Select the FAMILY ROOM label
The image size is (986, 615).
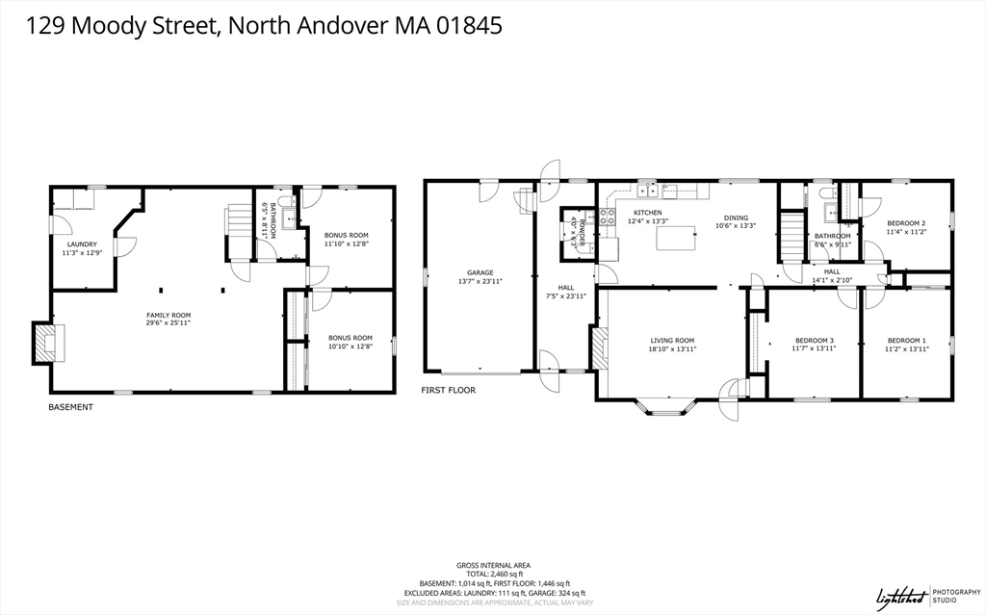pyautogui.click(x=169, y=315)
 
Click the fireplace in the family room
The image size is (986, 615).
pyautogui.click(x=46, y=343)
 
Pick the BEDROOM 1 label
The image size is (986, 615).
pyautogui.click(x=906, y=340)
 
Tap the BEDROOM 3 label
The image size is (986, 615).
pyautogui.click(x=814, y=340)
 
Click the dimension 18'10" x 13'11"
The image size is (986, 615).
pyautogui.click(x=672, y=348)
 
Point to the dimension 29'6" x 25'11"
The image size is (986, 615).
pyautogui.click(x=169, y=323)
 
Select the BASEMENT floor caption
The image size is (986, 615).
pyautogui.click(x=71, y=407)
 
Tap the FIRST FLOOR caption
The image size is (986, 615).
pyautogui.click(x=448, y=390)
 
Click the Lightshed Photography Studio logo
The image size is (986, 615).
pyautogui.click(x=915, y=597)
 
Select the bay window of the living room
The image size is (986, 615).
pyautogui.click(x=665, y=408)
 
